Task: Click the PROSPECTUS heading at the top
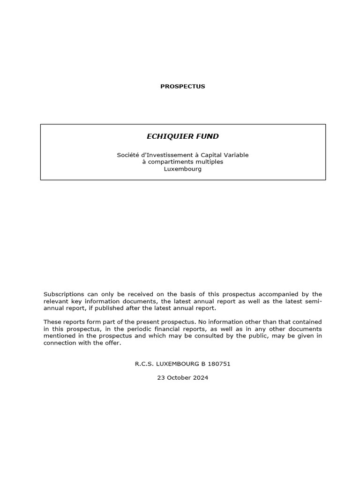click(183, 86)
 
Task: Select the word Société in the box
click(127, 155)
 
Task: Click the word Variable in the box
click(236, 155)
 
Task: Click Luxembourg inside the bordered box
click(183, 169)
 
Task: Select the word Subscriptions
click(64, 294)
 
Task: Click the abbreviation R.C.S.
click(143, 363)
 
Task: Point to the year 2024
click(201, 377)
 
